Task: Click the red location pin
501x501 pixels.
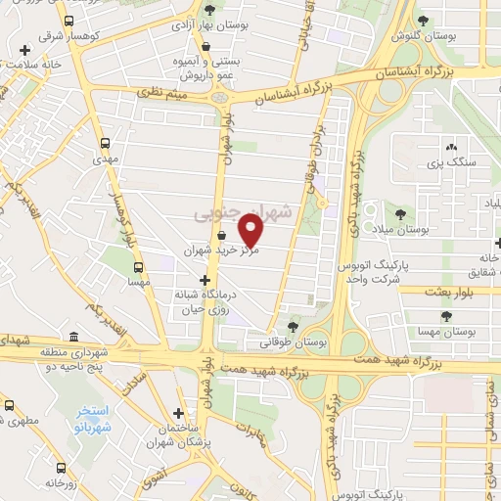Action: [x=251, y=231]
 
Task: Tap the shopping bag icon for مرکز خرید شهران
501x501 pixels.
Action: [x=221, y=235]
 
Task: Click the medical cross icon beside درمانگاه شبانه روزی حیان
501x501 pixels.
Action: [x=204, y=280]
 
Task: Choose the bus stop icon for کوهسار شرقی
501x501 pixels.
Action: [x=67, y=21]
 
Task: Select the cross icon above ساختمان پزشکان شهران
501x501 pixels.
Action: [x=177, y=414]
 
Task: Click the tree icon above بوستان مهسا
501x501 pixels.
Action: [x=446, y=317]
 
